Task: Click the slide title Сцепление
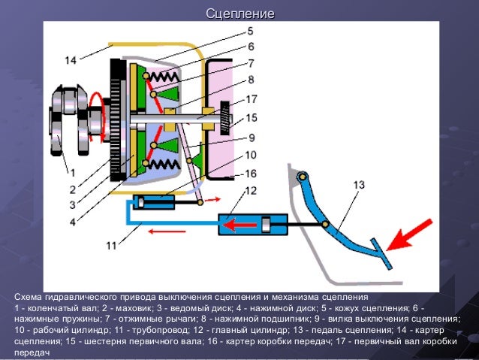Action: tap(240, 14)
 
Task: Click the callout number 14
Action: tap(71, 60)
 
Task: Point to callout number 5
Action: tap(250, 32)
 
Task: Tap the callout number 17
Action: tap(251, 99)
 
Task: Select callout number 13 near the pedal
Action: tap(359, 185)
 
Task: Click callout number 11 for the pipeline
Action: tap(111, 245)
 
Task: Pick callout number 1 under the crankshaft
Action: tap(73, 173)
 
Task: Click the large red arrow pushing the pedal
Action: tap(409, 235)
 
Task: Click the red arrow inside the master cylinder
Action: tap(239, 225)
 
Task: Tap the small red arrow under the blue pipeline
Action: tap(167, 231)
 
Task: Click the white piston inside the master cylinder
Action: tap(266, 225)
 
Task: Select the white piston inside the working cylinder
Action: tap(140, 202)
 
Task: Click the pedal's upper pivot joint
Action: tap(302, 177)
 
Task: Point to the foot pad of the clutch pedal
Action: tap(381, 254)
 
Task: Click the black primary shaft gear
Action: tap(225, 118)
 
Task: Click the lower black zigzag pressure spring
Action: tap(164, 165)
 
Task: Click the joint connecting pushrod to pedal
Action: tap(325, 225)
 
